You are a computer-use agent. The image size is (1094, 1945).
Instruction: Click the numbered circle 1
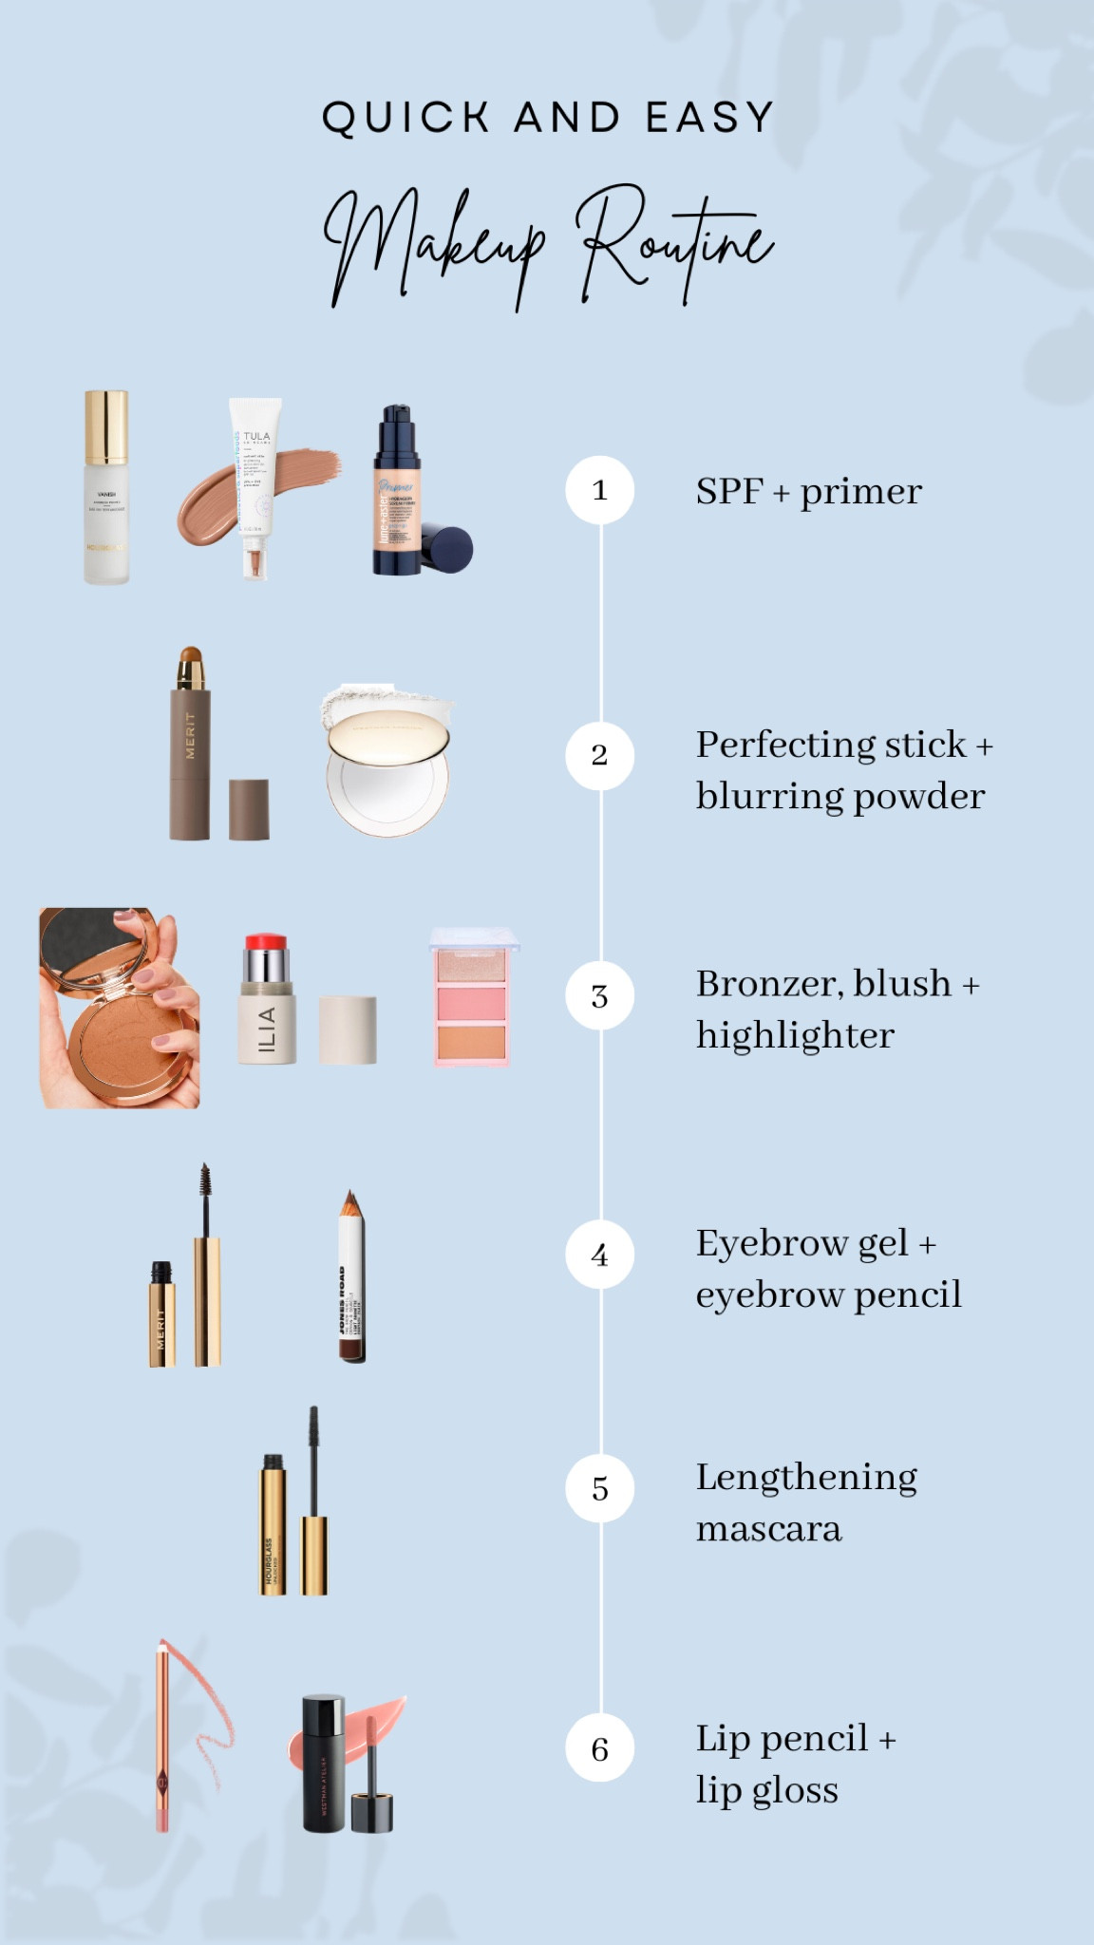[599, 490]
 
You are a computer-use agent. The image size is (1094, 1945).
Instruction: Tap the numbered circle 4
[599, 1255]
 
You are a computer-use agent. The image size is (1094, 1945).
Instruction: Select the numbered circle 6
[599, 1748]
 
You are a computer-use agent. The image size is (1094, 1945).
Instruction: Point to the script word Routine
[676, 242]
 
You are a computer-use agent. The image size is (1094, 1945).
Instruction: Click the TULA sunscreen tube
[255, 484]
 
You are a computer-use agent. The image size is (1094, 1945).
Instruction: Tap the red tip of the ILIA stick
[266, 944]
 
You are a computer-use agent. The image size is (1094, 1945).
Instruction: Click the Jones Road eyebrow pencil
[351, 1282]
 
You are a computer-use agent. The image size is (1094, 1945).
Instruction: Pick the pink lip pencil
[163, 1738]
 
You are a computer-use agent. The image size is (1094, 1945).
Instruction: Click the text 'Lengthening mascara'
[805, 1502]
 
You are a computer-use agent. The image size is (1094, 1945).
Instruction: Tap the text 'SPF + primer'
[808, 491]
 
